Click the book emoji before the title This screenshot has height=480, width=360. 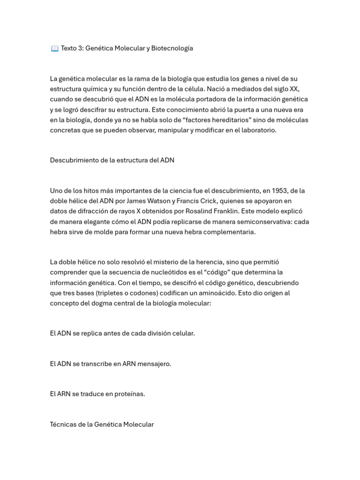pos(54,48)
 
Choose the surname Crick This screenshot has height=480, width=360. pos(205,201)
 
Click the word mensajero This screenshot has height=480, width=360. pos(154,364)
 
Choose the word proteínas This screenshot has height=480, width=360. pos(130,394)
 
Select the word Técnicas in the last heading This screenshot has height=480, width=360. pos(63,424)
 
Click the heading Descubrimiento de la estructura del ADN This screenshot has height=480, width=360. pos(112,160)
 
